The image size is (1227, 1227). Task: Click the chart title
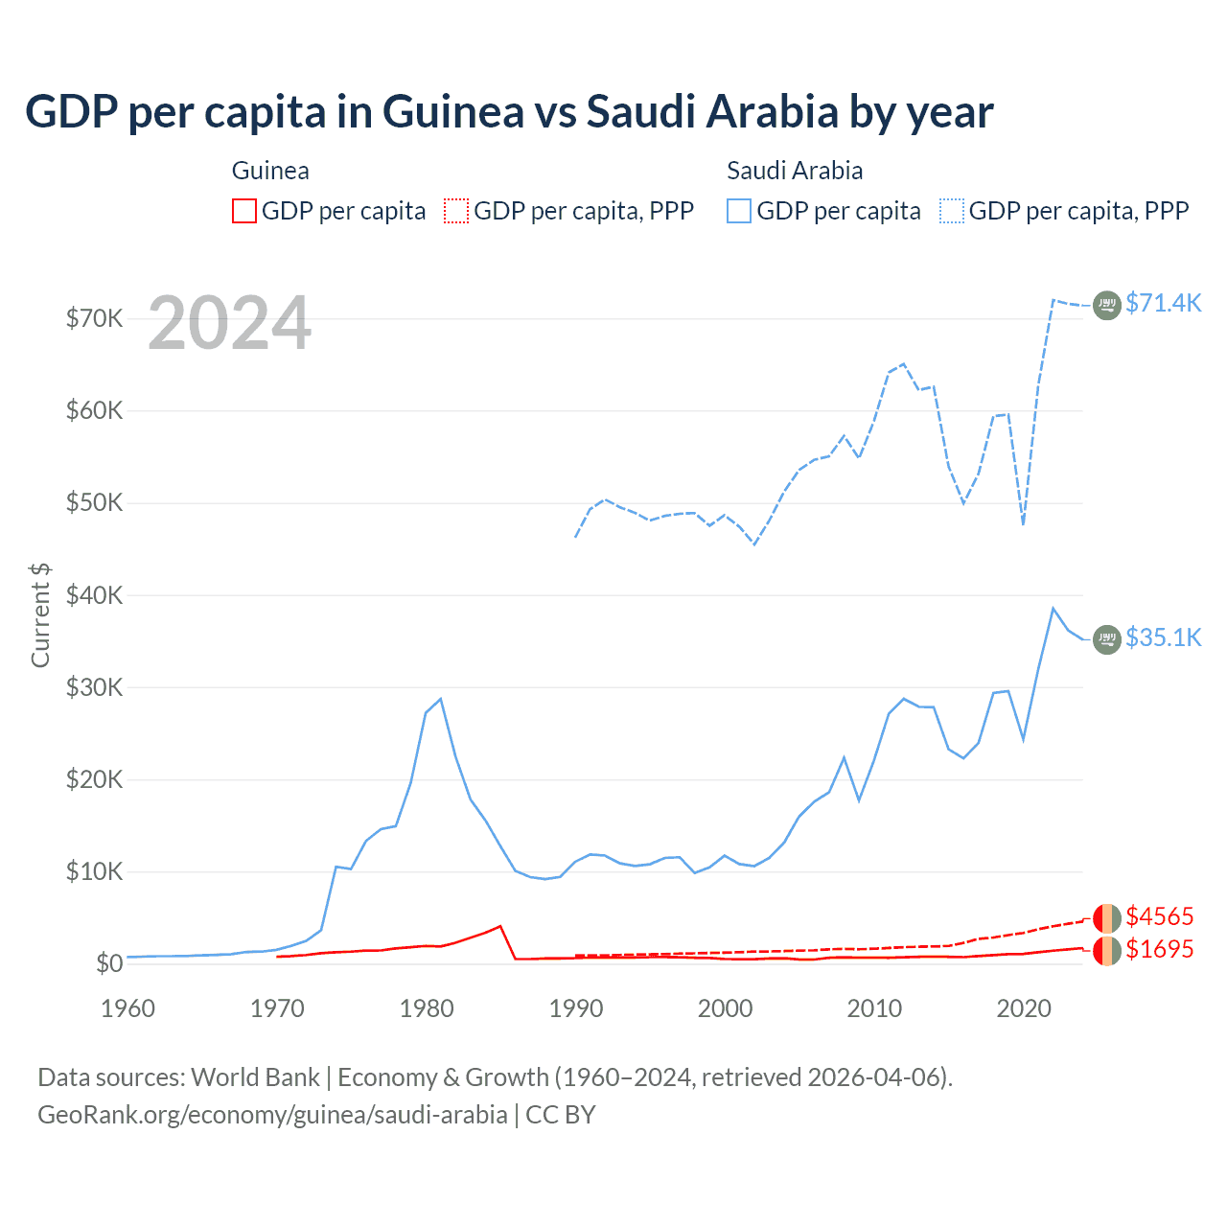pos(509,112)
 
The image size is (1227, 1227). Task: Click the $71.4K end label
pos(1163,303)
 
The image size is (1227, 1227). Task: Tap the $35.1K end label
pos(1163,637)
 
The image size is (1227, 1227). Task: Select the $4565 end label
pos(1160,916)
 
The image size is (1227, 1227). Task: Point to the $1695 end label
pos(1160,949)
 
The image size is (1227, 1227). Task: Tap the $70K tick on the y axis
pos(94,318)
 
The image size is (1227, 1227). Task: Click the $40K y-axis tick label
pos(94,595)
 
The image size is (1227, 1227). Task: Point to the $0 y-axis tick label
pos(109,963)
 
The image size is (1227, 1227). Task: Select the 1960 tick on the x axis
pos(128,1008)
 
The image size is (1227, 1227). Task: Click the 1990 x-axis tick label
pos(576,1008)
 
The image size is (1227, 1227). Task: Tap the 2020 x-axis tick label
pos(1024,1008)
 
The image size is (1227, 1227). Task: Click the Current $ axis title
pos(40,614)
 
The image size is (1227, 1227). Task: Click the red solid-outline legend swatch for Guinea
pos(244,211)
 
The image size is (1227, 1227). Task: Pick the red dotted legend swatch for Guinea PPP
pos(456,211)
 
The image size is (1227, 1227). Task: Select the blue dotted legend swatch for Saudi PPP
pos(952,211)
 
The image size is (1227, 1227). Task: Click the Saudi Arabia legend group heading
pos(795,171)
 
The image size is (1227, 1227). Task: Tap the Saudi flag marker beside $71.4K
pos(1107,305)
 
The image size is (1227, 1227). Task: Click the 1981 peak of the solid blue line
pos(440,699)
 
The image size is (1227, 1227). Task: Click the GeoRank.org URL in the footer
pos(272,1115)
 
